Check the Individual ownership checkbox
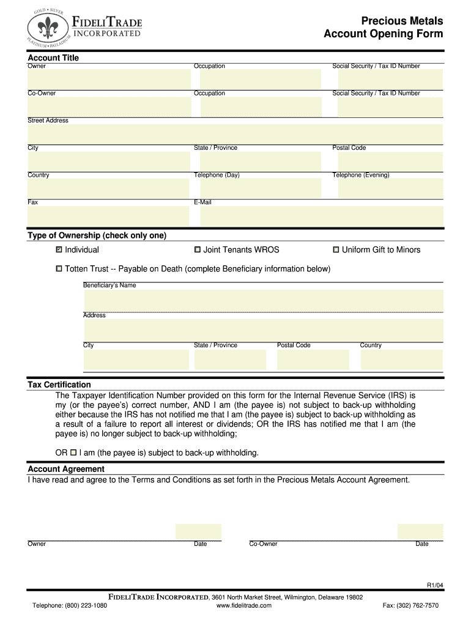[59, 249]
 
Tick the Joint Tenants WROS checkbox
[198, 249]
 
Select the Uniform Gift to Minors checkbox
[336, 249]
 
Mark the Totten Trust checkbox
[59, 269]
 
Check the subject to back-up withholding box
[73, 453]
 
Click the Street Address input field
[236, 134]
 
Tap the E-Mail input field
[322, 216]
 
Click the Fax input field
[109, 216]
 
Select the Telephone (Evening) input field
[390, 188]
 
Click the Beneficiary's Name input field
[264, 301]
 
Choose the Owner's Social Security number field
[390, 79]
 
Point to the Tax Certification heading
[59, 385]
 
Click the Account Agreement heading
[66, 469]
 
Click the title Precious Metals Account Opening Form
[384, 28]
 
